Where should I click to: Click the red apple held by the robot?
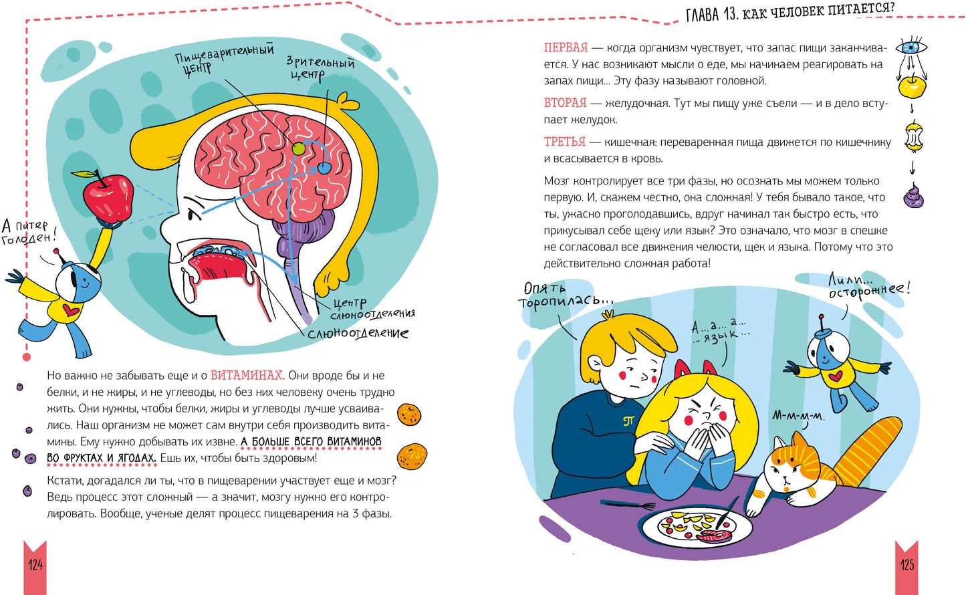pyautogui.click(x=107, y=199)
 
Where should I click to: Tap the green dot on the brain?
pyautogui.click(x=298, y=148)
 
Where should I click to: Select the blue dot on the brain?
pyautogui.click(x=324, y=168)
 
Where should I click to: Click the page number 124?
pyautogui.click(x=35, y=565)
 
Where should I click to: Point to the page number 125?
pyautogui.click(x=907, y=565)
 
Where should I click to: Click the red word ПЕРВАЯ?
pyautogui.click(x=566, y=47)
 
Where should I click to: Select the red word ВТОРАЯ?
pyautogui.click(x=565, y=103)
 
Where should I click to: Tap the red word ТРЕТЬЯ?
pyautogui.click(x=564, y=142)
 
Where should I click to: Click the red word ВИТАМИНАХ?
pyautogui.click(x=247, y=375)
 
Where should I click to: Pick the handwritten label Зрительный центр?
pyautogui.click(x=320, y=68)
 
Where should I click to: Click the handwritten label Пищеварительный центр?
pyautogui.click(x=224, y=59)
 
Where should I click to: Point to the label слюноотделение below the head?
pyautogui.click(x=358, y=334)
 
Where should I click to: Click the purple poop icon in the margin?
pyautogui.click(x=913, y=196)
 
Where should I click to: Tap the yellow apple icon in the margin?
pyautogui.click(x=912, y=86)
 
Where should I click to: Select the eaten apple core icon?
pyautogui.click(x=913, y=138)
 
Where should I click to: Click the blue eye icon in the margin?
pyautogui.click(x=911, y=47)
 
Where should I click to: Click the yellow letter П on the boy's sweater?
pyautogui.click(x=628, y=421)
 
